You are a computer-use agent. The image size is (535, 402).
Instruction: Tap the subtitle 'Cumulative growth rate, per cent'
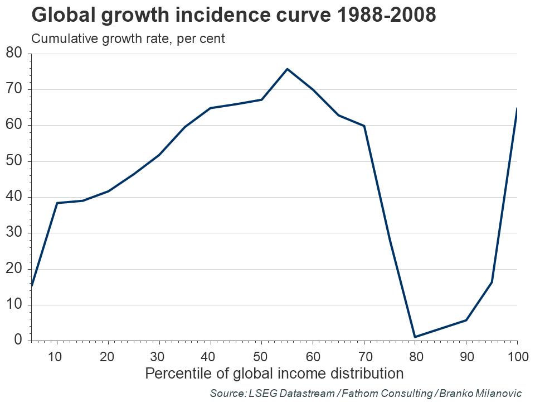pyautogui.click(x=128, y=39)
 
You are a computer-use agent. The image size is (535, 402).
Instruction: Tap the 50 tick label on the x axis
pyautogui.click(x=261, y=356)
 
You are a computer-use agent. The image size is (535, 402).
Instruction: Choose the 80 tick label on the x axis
pyautogui.click(x=415, y=356)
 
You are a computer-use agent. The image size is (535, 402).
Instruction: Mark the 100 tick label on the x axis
pyautogui.click(x=515, y=356)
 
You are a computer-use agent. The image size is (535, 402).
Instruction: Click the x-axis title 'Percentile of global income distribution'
pyautogui.click(x=274, y=373)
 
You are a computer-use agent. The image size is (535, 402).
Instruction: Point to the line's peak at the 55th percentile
pyautogui.click(x=287, y=69)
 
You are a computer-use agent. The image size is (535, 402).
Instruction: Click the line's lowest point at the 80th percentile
pyautogui.click(x=415, y=337)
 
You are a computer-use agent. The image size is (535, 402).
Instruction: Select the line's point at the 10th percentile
pyautogui.click(x=57, y=203)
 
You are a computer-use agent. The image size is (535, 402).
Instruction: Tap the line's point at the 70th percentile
pyautogui.click(x=364, y=126)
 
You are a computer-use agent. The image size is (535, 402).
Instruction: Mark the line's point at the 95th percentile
pyautogui.click(x=492, y=282)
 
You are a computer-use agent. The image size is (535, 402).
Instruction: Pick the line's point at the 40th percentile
pyautogui.click(x=211, y=108)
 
